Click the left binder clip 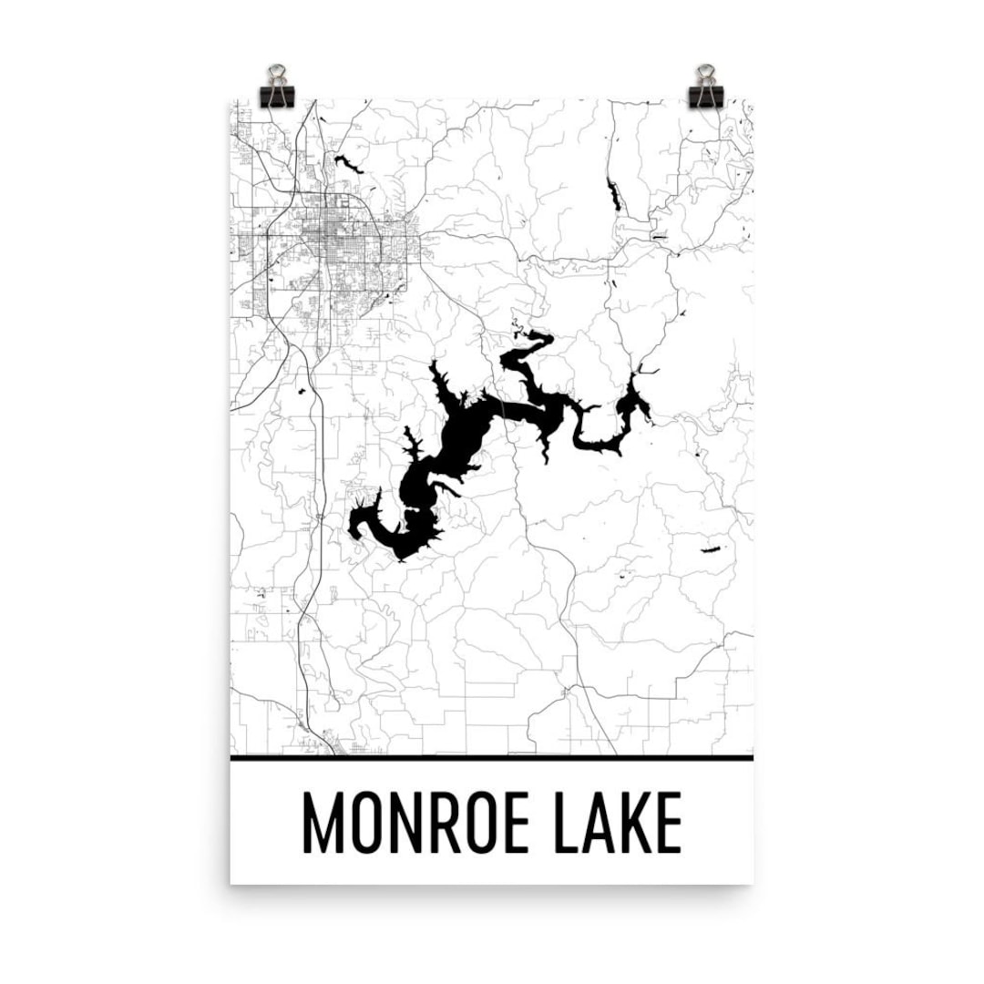tap(277, 87)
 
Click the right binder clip tap(706, 87)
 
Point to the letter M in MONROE tap(320, 824)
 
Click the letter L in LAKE tap(557, 824)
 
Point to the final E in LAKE tap(669, 824)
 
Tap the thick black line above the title tap(492, 757)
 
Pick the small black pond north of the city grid tap(349, 164)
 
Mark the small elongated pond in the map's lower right tap(710, 549)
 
